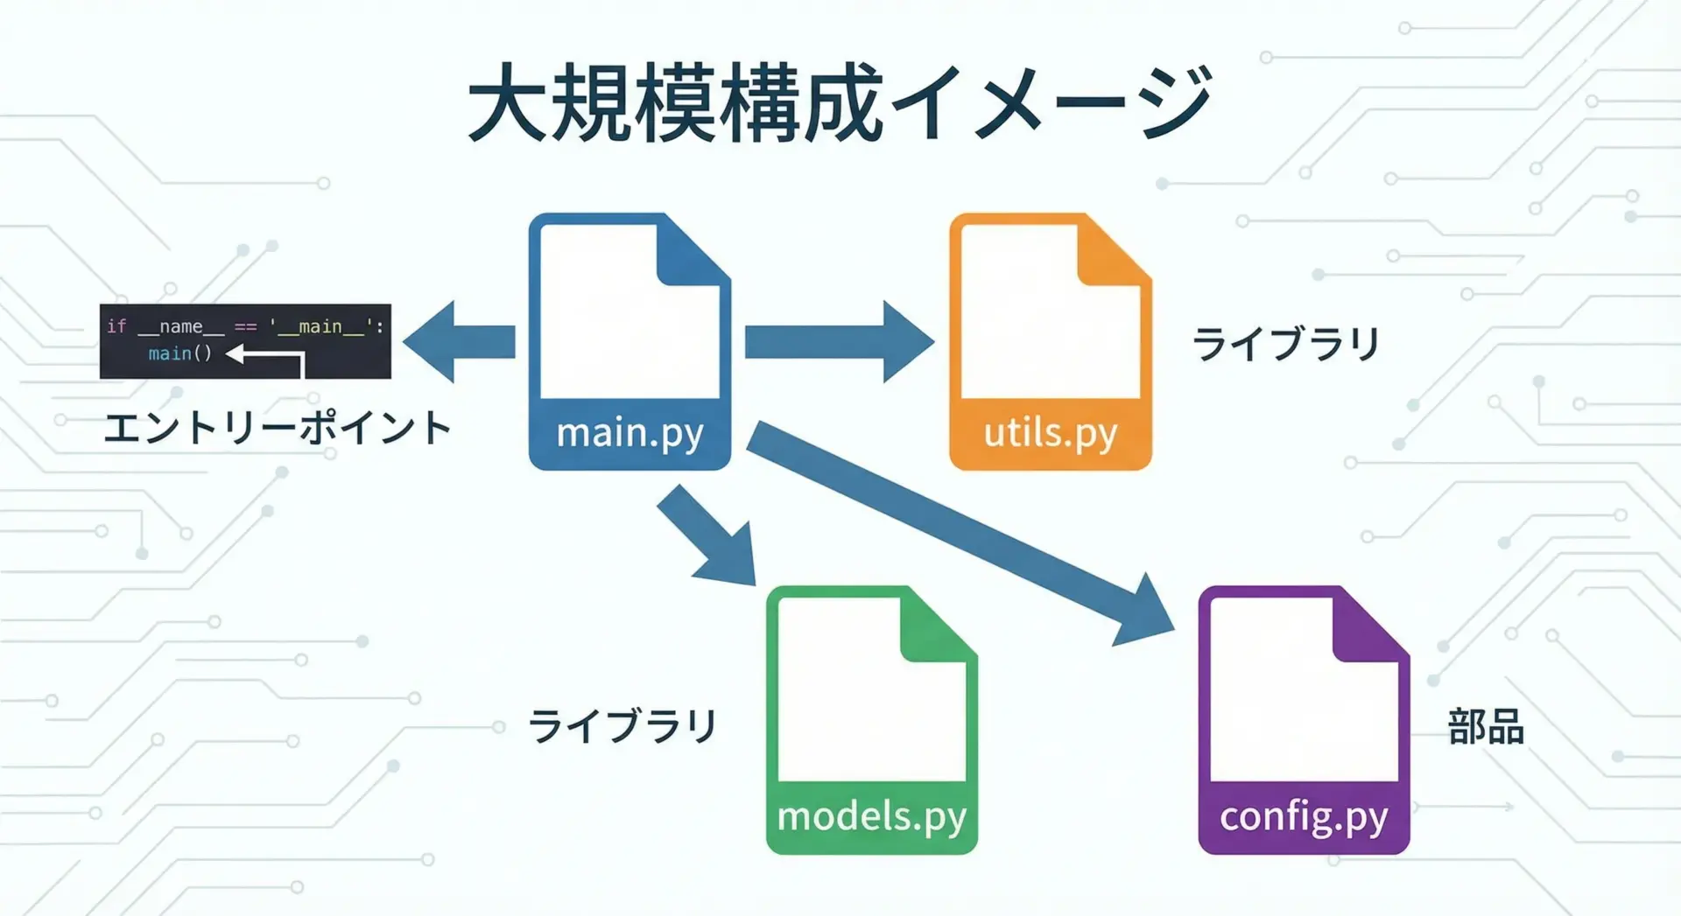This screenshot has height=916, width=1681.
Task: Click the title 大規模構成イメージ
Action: coord(839,103)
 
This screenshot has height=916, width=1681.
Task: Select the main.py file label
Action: coord(629,432)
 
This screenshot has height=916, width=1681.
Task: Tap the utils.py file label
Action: coord(1051,432)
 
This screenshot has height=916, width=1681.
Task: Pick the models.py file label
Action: coord(872,816)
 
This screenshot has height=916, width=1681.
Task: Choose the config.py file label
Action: coord(1304,816)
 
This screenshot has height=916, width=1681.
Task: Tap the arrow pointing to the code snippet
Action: coord(460,342)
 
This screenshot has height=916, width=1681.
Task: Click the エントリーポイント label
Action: coord(277,429)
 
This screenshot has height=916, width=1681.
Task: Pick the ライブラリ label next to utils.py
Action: coord(1285,343)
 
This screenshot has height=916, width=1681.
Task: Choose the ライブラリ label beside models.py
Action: coord(622,726)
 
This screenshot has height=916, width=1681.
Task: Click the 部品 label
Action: coord(1486,727)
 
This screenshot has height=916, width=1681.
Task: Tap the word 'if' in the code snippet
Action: coord(116,326)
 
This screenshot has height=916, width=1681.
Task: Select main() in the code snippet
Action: coord(179,353)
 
